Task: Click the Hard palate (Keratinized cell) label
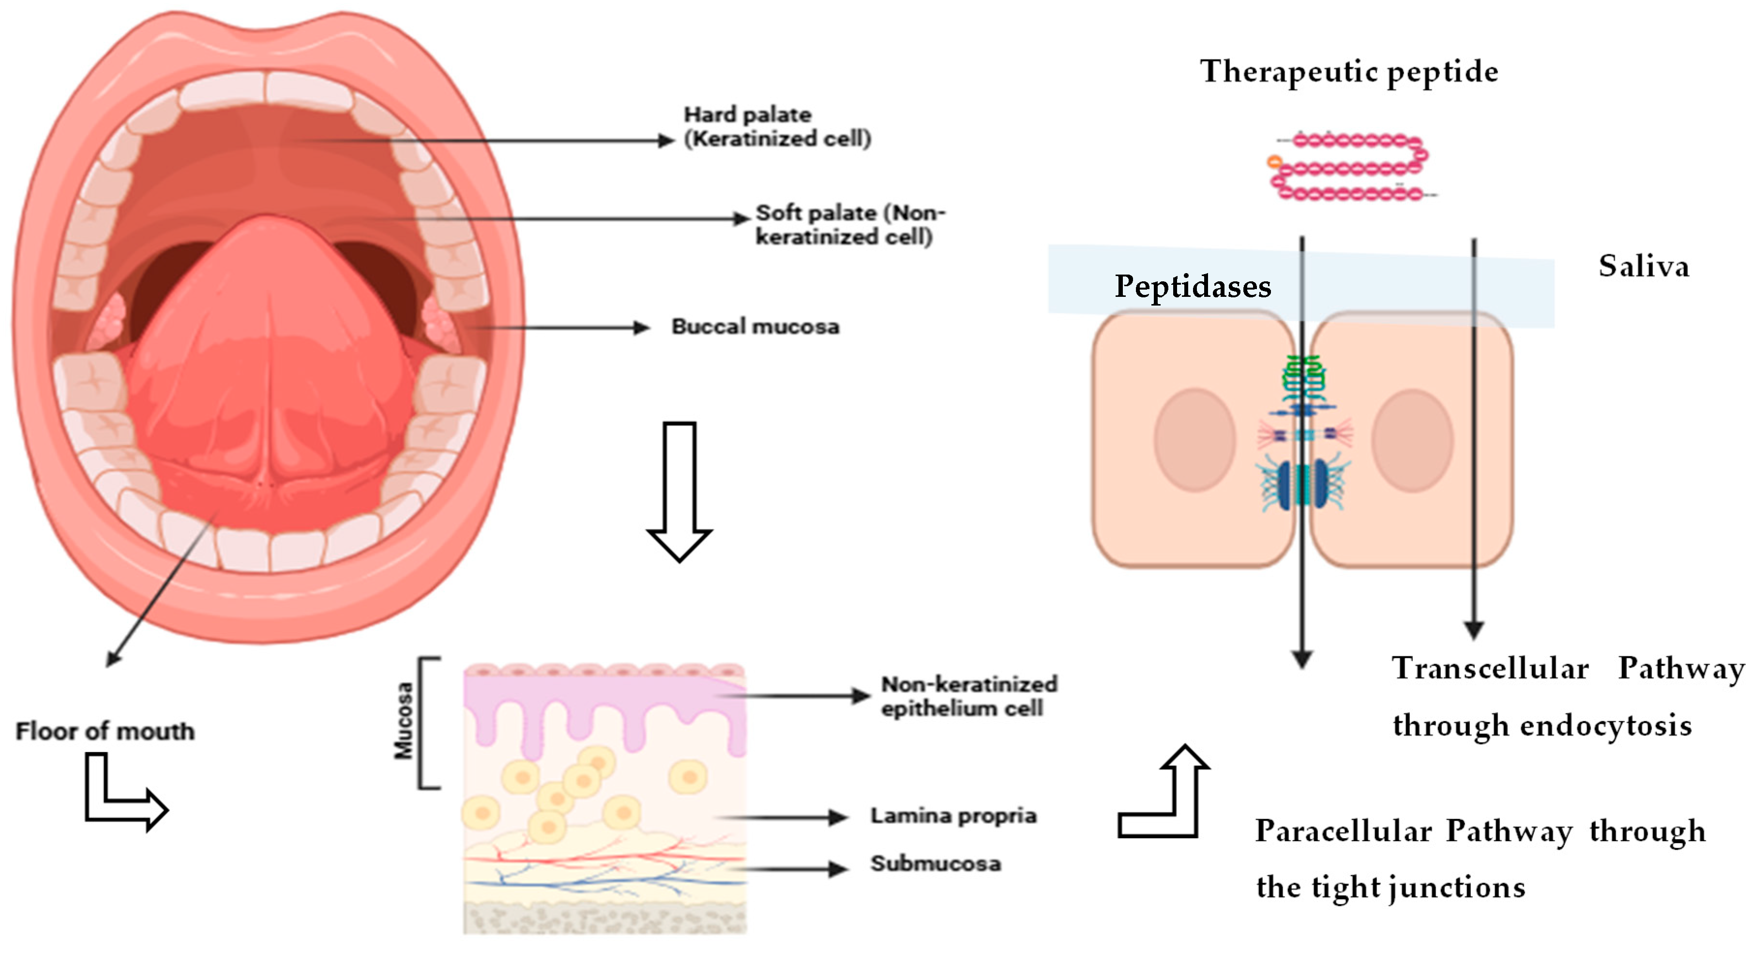point(777,126)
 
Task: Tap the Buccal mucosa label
point(756,327)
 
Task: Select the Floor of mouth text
point(106,731)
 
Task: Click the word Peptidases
point(1192,286)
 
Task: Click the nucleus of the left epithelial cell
point(1194,440)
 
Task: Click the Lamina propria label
point(952,815)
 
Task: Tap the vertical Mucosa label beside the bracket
point(404,721)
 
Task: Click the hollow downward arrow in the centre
point(679,490)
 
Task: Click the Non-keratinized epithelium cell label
point(968,696)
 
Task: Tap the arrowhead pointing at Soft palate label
point(742,218)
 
